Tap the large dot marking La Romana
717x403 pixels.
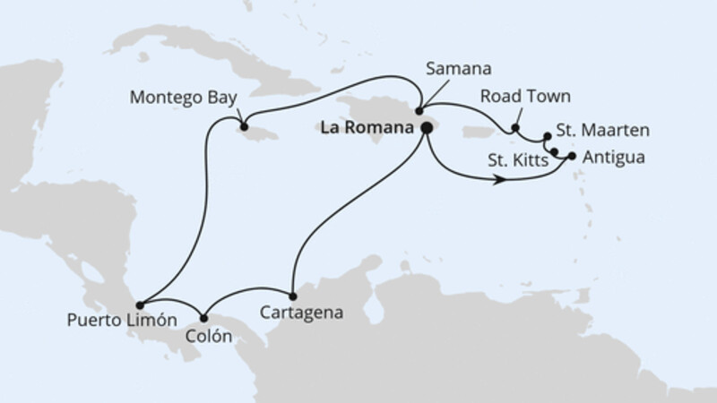click(426, 128)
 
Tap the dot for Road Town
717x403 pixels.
click(515, 127)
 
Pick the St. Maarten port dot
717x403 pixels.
click(549, 138)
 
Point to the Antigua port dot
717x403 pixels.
click(572, 156)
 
